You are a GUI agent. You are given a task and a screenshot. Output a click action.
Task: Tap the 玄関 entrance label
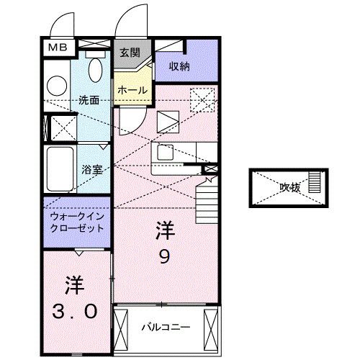[x=132, y=52]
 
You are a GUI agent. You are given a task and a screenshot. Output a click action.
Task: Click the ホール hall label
[x=132, y=90]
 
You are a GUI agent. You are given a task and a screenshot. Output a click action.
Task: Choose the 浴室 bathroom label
[x=91, y=170]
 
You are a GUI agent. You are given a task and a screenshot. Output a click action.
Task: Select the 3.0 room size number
[x=75, y=310]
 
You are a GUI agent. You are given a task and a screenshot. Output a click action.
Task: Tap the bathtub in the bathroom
[x=60, y=170]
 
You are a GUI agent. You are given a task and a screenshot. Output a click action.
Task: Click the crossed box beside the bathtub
[x=55, y=128]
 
